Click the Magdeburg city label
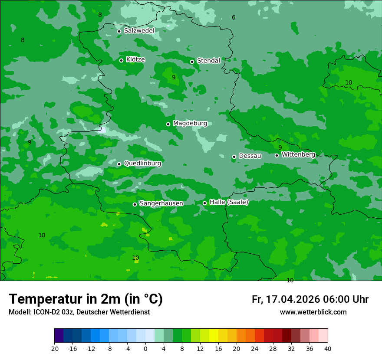(x=190, y=124)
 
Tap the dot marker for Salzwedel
(x=119, y=31)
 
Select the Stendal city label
(x=208, y=61)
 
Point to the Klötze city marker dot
(x=122, y=60)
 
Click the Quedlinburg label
(x=142, y=164)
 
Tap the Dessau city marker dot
(x=234, y=157)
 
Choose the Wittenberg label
(x=298, y=155)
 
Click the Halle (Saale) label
(x=229, y=202)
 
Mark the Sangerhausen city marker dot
(x=135, y=204)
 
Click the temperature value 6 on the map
(x=234, y=18)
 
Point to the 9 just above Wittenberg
(x=280, y=147)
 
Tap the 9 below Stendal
(x=174, y=77)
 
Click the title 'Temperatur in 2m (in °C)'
(x=86, y=299)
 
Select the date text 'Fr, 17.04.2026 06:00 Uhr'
(x=310, y=299)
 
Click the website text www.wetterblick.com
(x=313, y=312)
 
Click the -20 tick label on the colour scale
(x=54, y=349)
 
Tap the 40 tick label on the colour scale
(x=328, y=349)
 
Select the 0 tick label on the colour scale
(x=145, y=349)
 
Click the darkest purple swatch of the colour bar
(x=59, y=336)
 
